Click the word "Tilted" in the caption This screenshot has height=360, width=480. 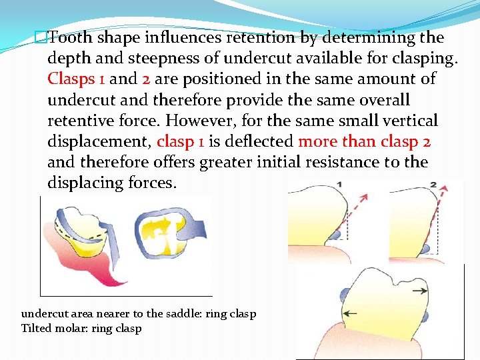(37, 328)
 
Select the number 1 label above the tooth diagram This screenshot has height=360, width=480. (340, 184)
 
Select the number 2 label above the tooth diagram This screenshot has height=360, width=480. (433, 184)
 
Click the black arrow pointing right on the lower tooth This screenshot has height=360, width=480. (420, 291)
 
